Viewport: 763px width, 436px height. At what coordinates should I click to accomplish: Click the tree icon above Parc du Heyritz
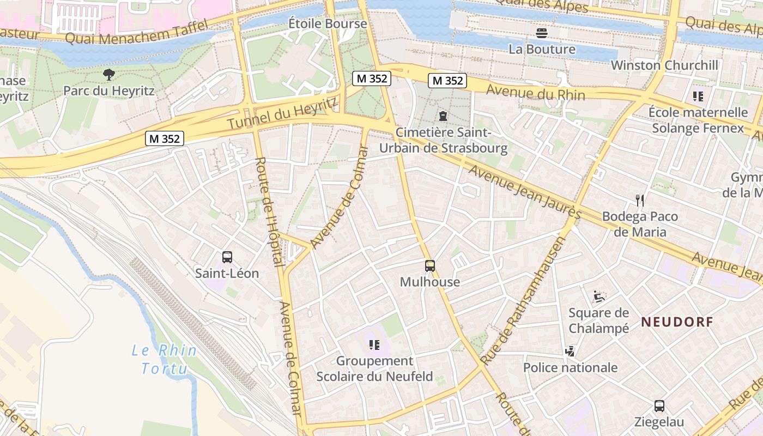[x=109, y=74]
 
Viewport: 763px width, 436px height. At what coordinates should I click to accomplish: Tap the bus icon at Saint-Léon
[x=227, y=257]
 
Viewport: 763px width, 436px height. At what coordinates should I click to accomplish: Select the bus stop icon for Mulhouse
[x=430, y=265]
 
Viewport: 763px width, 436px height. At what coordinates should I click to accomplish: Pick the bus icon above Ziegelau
[x=659, y=405]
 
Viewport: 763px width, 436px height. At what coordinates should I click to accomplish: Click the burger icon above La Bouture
[x=541, y=33]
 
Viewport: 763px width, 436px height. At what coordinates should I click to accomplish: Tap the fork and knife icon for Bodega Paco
[x=640, y=200]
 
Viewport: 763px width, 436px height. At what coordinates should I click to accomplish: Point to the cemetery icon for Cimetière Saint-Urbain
[x=443, y=116]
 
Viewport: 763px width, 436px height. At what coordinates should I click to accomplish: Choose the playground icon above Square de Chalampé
[x=599, y=296]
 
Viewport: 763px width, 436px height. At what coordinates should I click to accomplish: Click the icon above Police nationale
[x=570, y=351]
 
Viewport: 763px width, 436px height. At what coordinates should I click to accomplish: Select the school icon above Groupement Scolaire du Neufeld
[x=374, y=344]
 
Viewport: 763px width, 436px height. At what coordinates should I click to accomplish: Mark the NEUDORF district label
[x=677, y=322]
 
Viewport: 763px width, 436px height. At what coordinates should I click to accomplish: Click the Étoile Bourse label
[x=328, y=24]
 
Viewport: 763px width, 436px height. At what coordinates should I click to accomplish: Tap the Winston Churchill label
[x=664, y=65]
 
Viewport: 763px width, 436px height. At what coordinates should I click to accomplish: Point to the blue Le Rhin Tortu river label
[x=163, y=359]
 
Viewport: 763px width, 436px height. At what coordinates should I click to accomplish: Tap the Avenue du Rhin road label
[x=535, y=93]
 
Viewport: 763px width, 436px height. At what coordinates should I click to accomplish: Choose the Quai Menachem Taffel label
[x=136, y=32]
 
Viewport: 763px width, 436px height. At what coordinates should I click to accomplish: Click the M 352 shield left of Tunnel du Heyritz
[x=165, y=138]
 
